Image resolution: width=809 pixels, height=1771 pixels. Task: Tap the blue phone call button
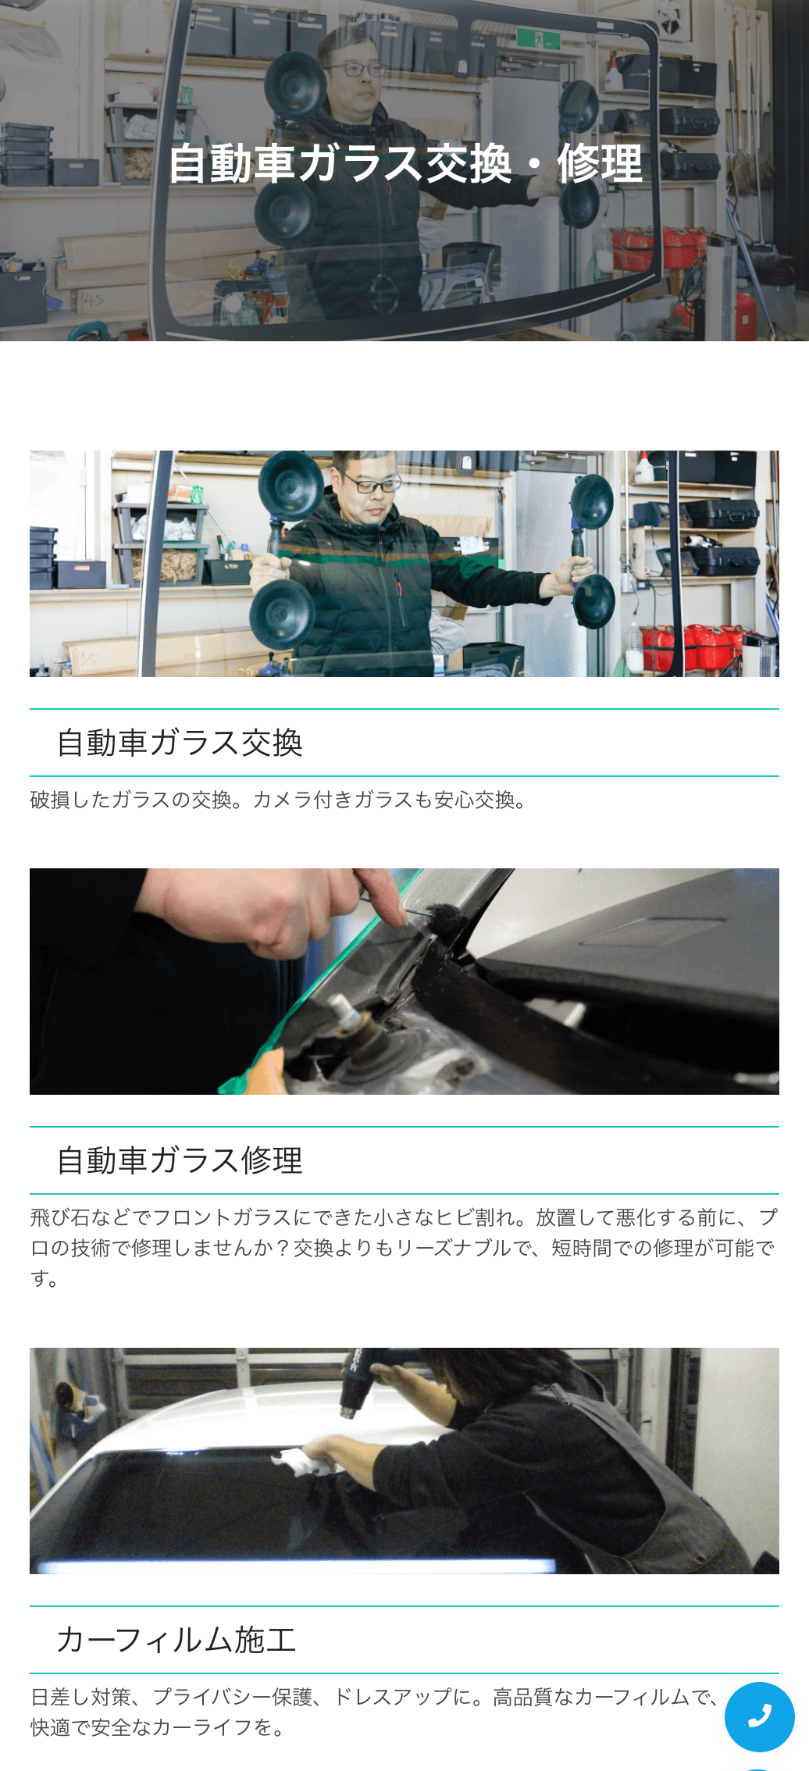tap(759, 1716)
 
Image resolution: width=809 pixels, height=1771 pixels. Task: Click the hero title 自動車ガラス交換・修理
tap(405, 163)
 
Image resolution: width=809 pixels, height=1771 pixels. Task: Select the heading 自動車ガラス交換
tap(180, 743)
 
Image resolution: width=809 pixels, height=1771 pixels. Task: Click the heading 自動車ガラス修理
tap(180, 1160)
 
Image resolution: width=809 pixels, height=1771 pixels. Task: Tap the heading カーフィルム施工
tap(176, 1640)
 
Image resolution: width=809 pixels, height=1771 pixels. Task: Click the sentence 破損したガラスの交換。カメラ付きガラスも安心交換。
tap(279, 800)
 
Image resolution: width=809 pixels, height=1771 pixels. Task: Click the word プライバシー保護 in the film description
tap(232, 1697)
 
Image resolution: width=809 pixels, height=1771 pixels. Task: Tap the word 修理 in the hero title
tap(599, 163)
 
